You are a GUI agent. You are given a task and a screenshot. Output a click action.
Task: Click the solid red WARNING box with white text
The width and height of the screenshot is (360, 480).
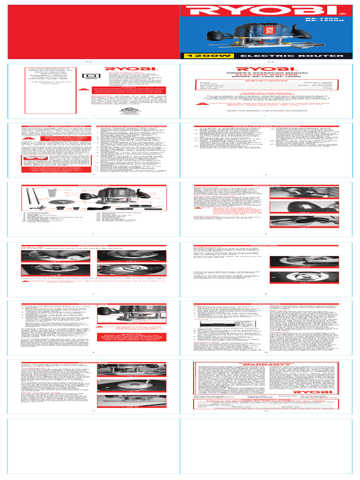pyautogui.click(x=133, y=349)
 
